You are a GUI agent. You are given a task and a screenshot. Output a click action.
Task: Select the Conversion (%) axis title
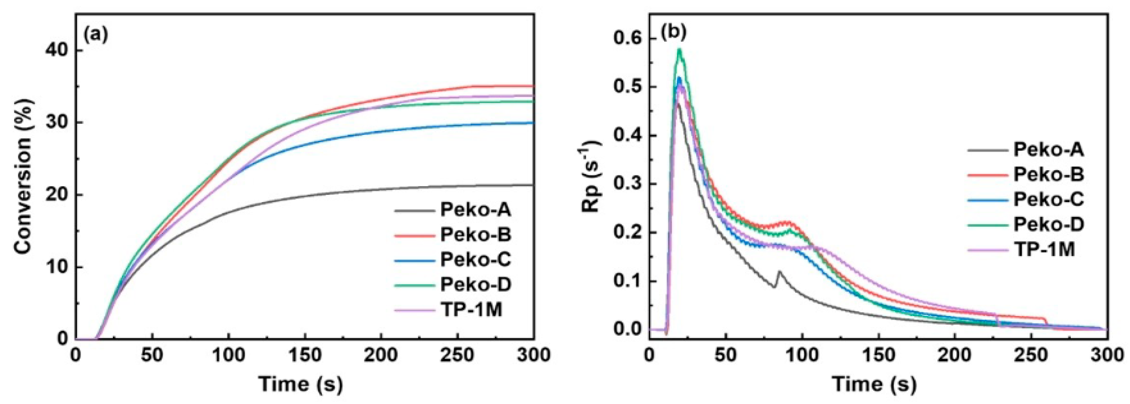pyautogui.click(x=24, y=175)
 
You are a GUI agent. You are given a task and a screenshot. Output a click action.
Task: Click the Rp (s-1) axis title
pyautogui.click(x=592, y=175)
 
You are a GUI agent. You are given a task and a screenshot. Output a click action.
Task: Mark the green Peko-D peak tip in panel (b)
pyautogui.click(x=679, y=49)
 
